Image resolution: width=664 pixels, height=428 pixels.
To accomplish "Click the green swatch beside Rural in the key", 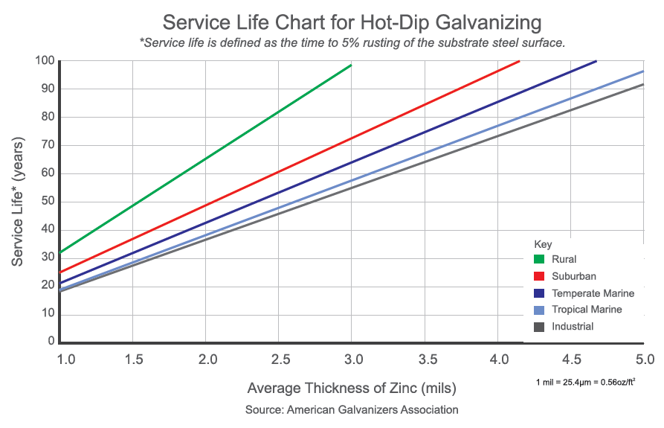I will point(539,260).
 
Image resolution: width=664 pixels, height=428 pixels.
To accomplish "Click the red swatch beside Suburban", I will point(539,277).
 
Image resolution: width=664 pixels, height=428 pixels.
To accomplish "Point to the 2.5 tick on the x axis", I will point(280,360).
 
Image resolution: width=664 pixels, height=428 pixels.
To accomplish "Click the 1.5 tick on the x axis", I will point(135,360).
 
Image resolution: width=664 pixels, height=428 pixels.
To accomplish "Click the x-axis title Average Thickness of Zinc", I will point(352,389).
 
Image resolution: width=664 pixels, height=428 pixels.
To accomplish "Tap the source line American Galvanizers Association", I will point(352,410).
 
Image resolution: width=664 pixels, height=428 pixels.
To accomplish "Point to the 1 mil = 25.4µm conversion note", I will point(585,382).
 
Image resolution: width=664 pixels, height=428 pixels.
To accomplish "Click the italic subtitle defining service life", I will point(352,42).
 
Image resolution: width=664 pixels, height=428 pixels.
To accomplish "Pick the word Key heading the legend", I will point(543,243).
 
